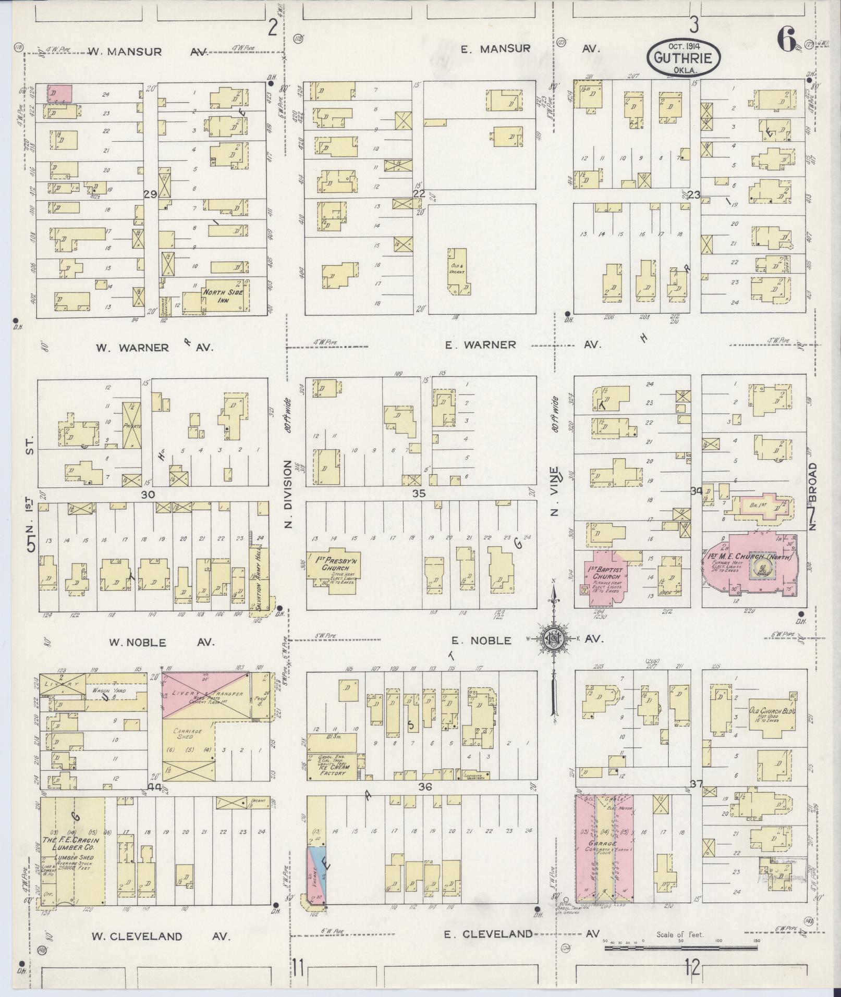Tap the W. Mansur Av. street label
click(x=148, y=52)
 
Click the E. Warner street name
click(x=487, y=344)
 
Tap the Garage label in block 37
click(x=604, y=844)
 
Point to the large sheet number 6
click(x=786, y=39)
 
